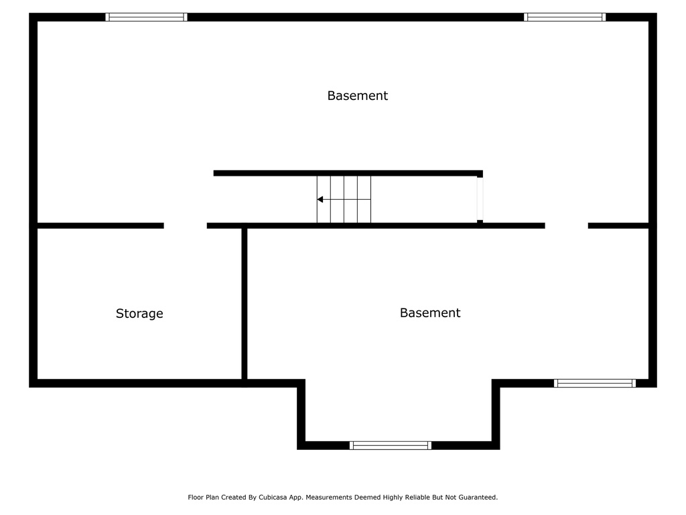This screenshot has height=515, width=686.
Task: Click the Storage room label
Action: click(139, 314)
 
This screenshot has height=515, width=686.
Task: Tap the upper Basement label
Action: click(358, 95)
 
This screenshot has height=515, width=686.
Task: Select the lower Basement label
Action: click(430, 312)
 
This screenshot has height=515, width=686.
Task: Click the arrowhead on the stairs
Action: click(320, 200)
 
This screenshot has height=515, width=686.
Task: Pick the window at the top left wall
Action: click(146, 17)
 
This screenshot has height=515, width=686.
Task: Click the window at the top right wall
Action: click(565, 17)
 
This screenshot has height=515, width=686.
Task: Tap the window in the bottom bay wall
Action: click(391, 445)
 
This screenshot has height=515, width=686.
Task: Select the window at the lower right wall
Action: click(595, 383)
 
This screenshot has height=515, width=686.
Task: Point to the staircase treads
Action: click(344, 200)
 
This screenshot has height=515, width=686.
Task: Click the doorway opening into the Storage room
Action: click(186, 225)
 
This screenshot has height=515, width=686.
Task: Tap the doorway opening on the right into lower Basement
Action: click(567, 225)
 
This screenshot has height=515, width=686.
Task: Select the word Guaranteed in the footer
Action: click(476, 498)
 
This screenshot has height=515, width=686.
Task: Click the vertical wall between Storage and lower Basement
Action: click(245, 304)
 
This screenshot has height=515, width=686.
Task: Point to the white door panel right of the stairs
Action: click(480, 198)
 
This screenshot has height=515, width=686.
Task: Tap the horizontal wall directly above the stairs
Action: click(348, 174)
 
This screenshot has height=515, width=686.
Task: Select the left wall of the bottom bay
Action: click(301, 414)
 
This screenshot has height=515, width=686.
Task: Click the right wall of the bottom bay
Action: click(496, 414)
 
